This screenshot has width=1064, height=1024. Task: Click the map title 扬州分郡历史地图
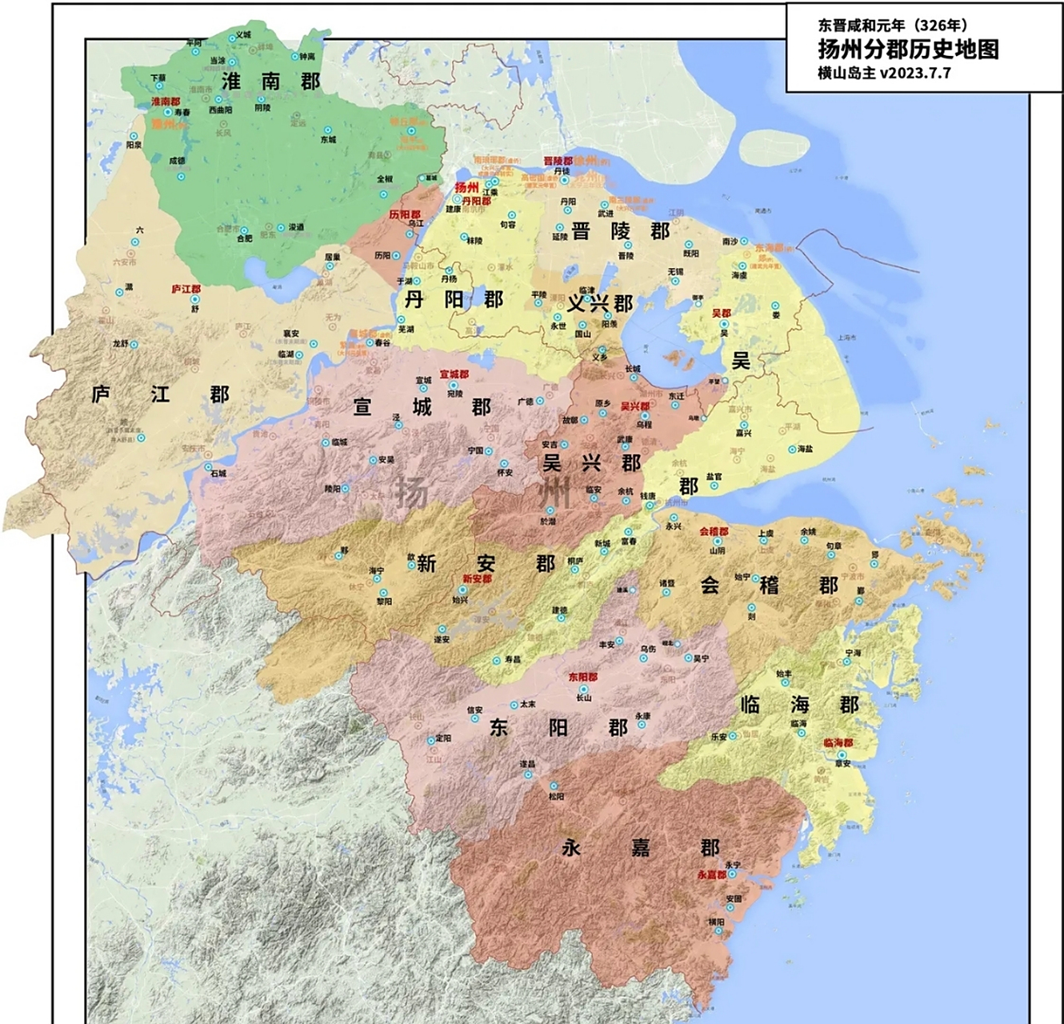908,49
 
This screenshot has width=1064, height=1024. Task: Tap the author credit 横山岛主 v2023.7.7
883,73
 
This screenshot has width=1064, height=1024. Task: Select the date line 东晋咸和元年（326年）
892,26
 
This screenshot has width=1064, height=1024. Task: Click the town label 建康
454,209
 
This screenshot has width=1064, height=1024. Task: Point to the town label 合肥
243,238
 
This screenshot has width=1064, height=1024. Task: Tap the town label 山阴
717,550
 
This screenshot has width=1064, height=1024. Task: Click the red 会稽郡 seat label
714,531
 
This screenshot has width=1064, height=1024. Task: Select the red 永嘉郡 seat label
711,874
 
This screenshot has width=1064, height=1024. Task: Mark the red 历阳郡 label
405,215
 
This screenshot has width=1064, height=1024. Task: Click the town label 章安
842,763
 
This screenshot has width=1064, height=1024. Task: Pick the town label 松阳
556,796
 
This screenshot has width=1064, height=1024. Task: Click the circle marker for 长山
583,688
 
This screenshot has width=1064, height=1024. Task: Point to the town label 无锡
676,272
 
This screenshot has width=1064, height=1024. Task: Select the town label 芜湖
406,329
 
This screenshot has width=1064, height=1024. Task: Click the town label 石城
218,473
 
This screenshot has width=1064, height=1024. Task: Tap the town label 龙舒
120,343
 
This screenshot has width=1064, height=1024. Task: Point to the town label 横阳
715,922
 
